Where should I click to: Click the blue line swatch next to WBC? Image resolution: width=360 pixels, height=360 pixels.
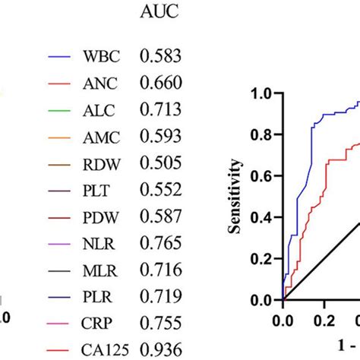tap(58, 57)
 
